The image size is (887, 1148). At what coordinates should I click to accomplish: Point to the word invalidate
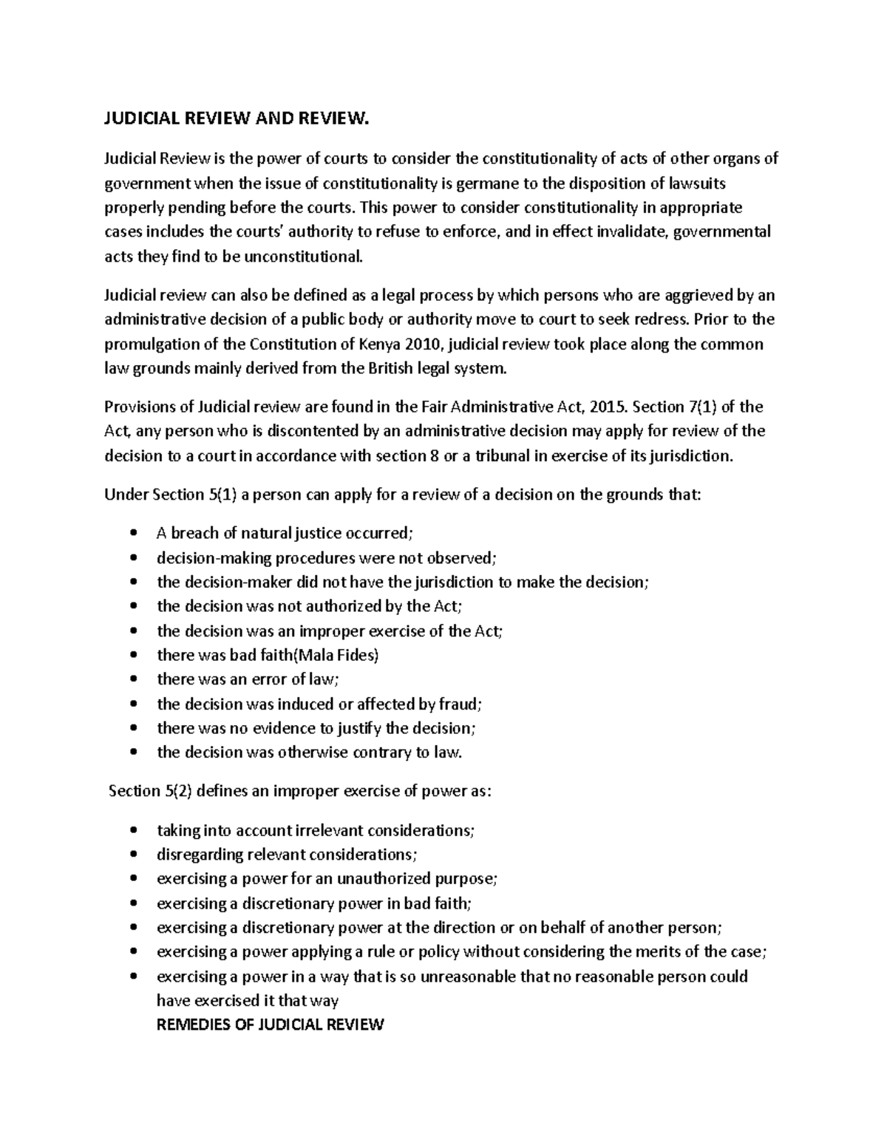coord(627,232)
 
